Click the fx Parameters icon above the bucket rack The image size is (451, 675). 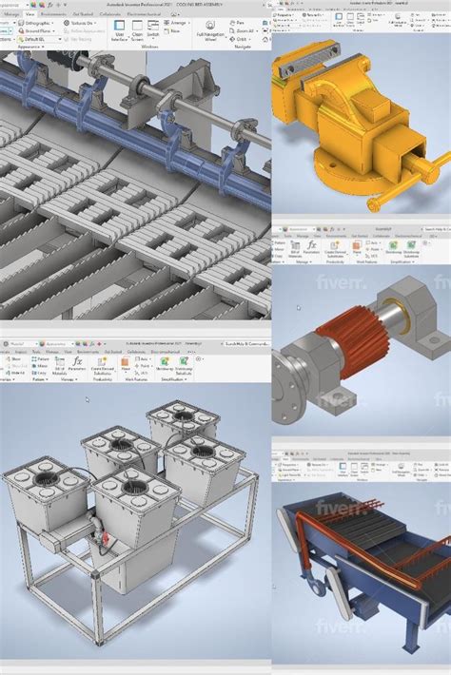[x=77, y=363]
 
